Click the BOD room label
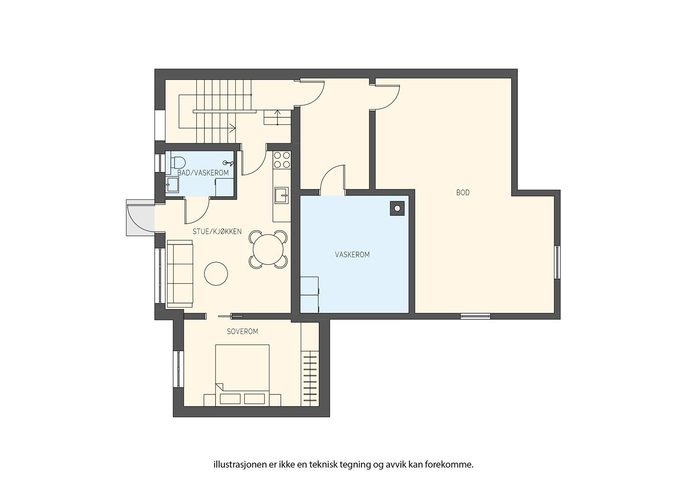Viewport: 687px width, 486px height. point(463,193)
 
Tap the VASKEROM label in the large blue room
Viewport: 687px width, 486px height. point(352,255)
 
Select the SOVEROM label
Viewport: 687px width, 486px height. point(242,332)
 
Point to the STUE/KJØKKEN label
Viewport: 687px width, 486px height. point(217,231)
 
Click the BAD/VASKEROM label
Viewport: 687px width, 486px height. point(203,173)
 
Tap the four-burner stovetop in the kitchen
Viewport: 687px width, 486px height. point(282,160)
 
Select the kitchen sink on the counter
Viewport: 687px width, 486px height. point(281,195)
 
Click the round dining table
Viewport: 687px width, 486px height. point(268,250)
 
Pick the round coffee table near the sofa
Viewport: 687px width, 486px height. point(216,274)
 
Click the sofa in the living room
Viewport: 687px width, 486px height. point(179,274)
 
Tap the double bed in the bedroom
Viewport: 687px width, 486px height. point(242,375)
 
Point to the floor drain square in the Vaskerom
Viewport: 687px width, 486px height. point(397,209)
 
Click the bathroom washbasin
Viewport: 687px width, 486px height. point(172,185)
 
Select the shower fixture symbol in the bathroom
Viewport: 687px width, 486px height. point(229,163)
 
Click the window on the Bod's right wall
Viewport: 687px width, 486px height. point(557,262)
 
